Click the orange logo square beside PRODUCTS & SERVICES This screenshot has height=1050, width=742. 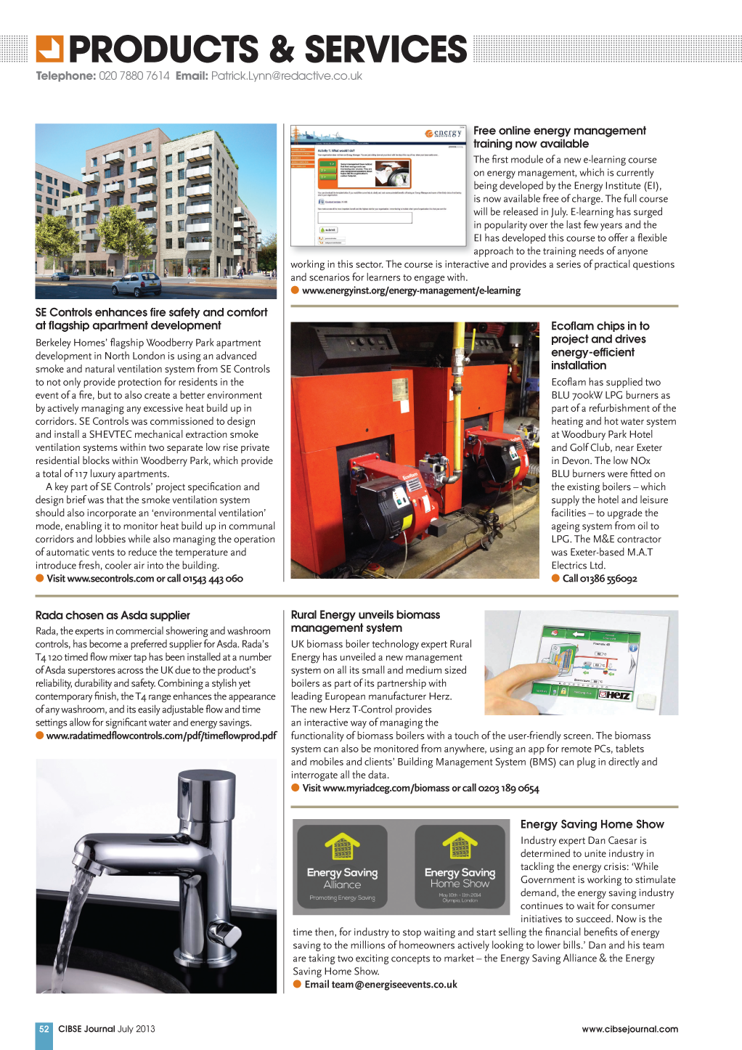pos(49,49)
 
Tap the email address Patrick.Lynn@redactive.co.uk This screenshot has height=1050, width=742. pos(286,76)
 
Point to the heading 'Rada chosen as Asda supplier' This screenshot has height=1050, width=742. pos(113,615)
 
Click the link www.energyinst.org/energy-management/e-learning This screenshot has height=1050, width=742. pos(411,290)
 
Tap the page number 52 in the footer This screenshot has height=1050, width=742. pos(44,1029)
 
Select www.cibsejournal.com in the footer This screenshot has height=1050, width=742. pos(629,1029)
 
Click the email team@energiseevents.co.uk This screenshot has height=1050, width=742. pos(380,985)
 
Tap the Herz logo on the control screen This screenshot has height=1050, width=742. pos(616,695)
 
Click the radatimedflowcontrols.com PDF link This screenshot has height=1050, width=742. pos(161,736)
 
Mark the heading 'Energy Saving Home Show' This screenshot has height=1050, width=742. pos(592,824)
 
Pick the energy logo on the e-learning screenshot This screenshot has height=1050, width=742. pos(444,134)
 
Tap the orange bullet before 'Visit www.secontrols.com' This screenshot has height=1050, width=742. pos(40,579)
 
